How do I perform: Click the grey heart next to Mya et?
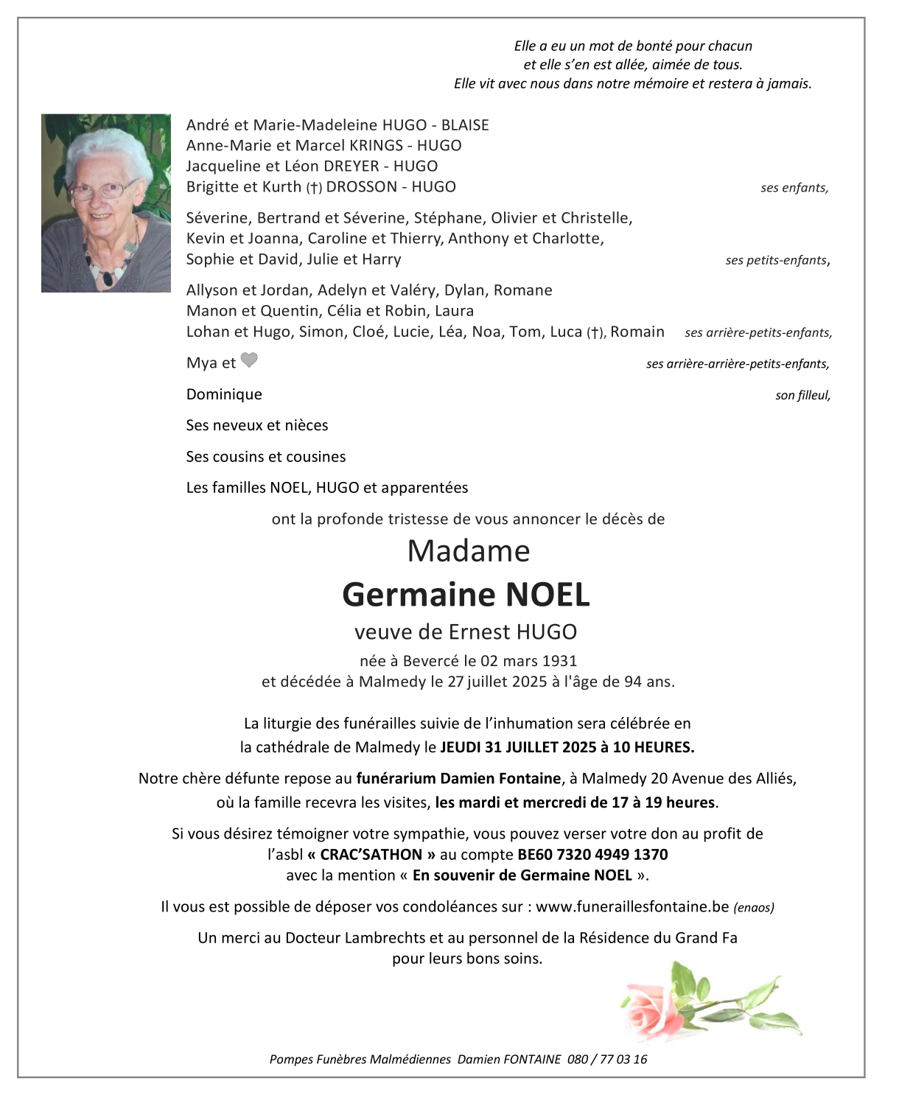(x=250, y=360)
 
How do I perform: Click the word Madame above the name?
(x=469, y=551)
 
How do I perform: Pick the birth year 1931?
(x=559, y=661)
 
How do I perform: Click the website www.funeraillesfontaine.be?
(x=632, y=907)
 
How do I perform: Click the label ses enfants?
(x=794, y=188)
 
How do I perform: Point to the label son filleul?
(x=802, y=396)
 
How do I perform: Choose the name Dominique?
(x=224, y=394)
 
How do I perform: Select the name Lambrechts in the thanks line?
(x=386, y=938)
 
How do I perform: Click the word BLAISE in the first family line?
(x=465, y=125)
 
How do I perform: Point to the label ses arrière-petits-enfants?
(x=758, y=333)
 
